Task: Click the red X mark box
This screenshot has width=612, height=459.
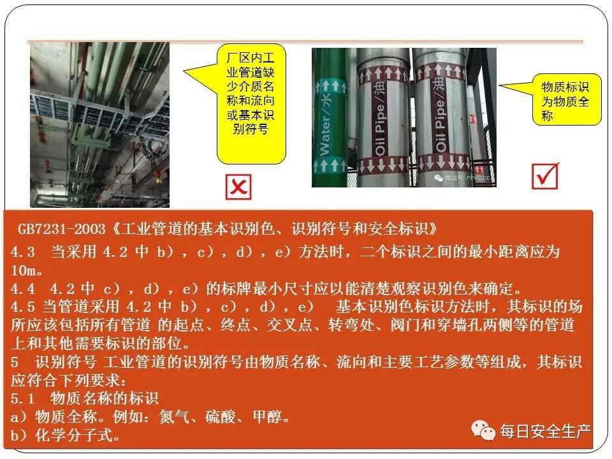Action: [x=238, y=187]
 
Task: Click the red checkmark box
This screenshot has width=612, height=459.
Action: [x=545, y=176]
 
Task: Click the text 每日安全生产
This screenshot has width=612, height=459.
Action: [x=545, y=431]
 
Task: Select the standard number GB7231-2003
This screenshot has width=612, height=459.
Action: [x=62, y=229]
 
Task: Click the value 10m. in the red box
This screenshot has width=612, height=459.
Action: [x=26, y=270]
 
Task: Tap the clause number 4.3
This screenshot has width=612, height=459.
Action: [x=23, y=252]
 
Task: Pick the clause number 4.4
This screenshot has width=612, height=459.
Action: [x=23, y=289]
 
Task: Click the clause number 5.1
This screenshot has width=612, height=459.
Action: [x=23, y=398]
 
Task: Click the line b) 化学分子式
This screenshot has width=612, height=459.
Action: [x=66, y=435]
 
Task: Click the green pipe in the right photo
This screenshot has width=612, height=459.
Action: [x=329, y=117]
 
